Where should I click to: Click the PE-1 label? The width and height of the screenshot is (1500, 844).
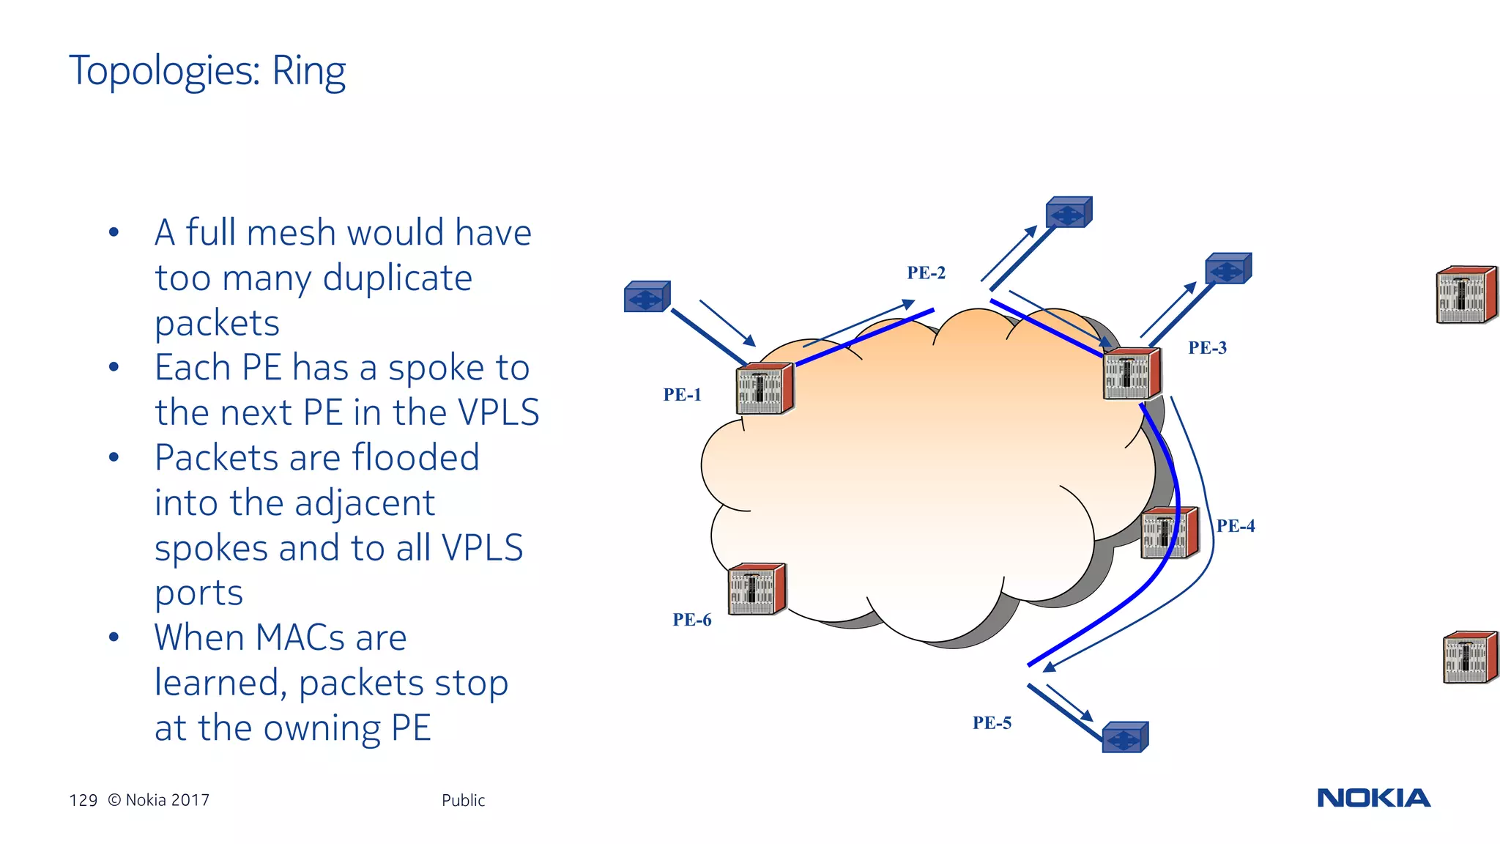[x=682, y=395]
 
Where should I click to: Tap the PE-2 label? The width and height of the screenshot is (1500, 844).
[x=926, y=273]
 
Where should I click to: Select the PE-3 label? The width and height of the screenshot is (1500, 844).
[x=1207, y=348]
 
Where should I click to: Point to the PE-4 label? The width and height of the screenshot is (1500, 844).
[x=1236, y=526]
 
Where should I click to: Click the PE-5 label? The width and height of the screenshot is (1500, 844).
[x=992, y=723]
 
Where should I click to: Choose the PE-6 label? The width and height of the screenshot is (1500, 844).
[x=691, y=621]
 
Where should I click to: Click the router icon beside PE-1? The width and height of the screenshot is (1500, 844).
[x=765, y=388]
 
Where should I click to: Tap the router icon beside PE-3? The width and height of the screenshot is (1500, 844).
[x=1132, y=374]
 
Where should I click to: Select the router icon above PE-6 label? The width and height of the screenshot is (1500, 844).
[x=757, y=588]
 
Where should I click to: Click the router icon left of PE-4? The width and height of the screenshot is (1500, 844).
[x=1169, y=533]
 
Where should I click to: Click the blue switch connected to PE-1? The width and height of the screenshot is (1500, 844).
[x=647, y=297]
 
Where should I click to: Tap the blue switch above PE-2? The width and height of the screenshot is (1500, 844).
[x=1069, y=212]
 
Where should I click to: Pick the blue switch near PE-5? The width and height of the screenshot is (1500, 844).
[x=1124, y=737]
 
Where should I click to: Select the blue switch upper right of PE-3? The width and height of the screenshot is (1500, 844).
[x=1228, y=269]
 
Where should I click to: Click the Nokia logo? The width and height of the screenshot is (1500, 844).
[x=1373, y=798]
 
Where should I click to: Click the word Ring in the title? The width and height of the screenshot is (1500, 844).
[x=308, y=72]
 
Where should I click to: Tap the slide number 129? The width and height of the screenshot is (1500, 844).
[x=83, y=800]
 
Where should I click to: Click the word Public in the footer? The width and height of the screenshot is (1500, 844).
[x=463, y=800]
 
